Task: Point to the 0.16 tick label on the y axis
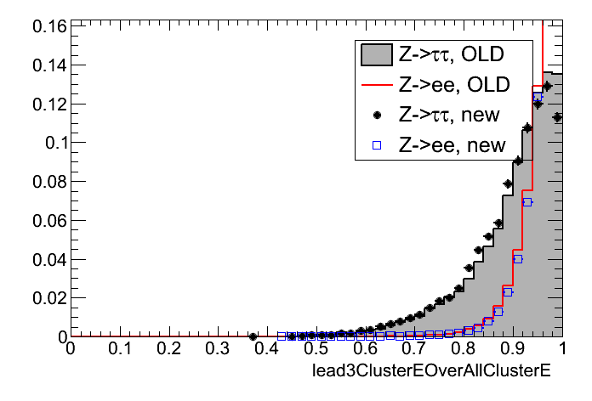pyautogui.click(x=49, y=26)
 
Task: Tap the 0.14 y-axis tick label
pyautogui.click(x=49, y=65)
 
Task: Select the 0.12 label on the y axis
pyautogui.click(x=49, y=104)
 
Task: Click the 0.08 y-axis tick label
pyautogui.click(x=49, y=182)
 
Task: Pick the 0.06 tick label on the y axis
pyautogui.click(x=49, y=221)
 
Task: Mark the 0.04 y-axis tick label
pyautogui.click(x=49, y=260)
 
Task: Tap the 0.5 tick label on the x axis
pyautogui.click(x=316, y=348)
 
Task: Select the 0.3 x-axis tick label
pyautogui.click(x=217, y=348)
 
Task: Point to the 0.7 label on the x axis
pyautogui.click(x=414, y=348)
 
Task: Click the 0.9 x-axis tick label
pyautogui.click(x=513, y=348)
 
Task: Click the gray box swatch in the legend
pyautogui.click(x=376, y=56)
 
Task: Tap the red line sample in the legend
pyautogui.click(x=376, y=86)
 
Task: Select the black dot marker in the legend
pyautogui.click(x=376, y=116)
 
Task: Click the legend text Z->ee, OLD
pyautogui.click(x=453, y=86)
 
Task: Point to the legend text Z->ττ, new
pyautogui.click(x=449, y=116)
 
